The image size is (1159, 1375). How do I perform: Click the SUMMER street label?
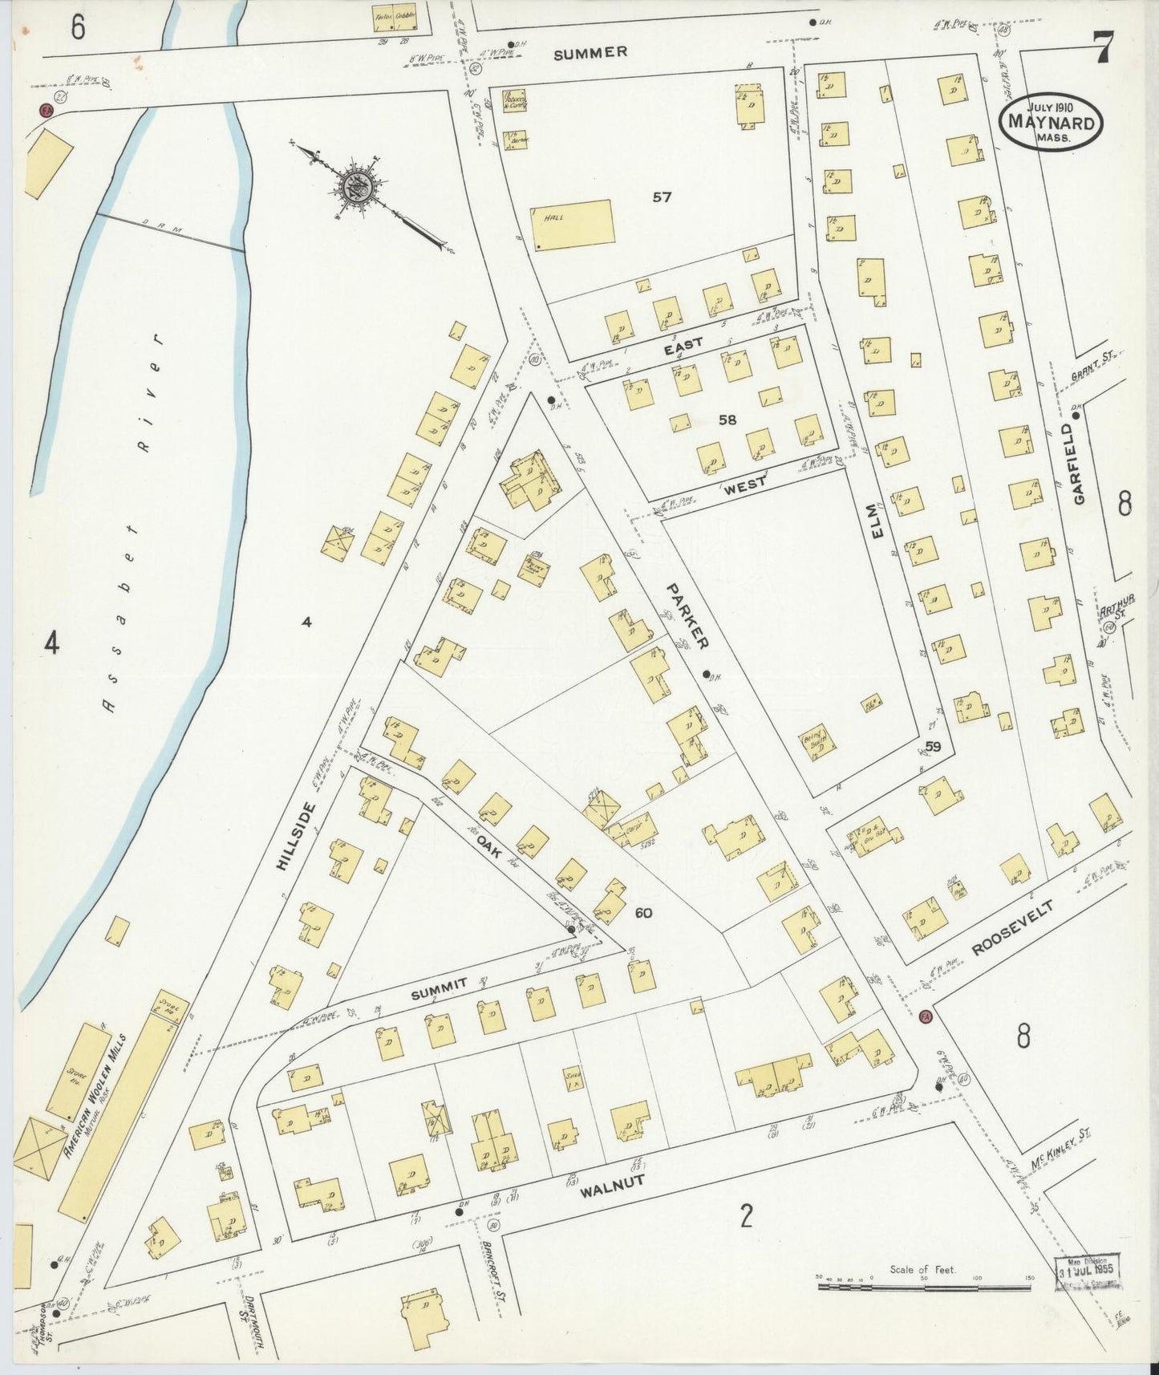coord(590,53)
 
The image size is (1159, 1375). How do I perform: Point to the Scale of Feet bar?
coord(922,1287)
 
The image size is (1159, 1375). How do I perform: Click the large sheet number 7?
coord(1104,49)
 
